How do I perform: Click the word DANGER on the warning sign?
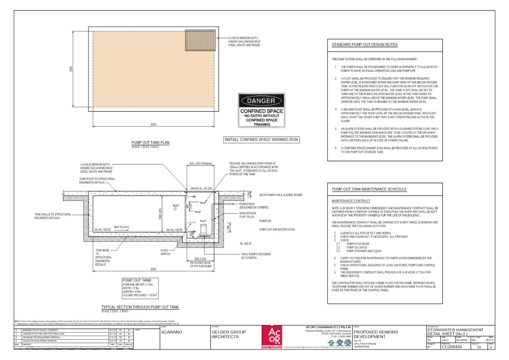tap(261, 101)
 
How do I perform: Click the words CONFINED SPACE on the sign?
tap(262, 111)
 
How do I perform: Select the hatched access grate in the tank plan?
tap(200, 41)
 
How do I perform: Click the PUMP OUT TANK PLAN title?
tap(150, 143)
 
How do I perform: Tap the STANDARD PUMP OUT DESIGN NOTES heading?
tap(364, 45)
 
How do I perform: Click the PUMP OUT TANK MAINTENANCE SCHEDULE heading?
tap(369, 189)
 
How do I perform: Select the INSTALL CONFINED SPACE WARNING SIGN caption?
tap(261, 140)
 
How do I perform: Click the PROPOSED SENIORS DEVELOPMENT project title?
tap(376, 334)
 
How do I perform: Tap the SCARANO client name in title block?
tap(172, 332)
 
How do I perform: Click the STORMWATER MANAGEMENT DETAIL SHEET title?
tap(455, 332)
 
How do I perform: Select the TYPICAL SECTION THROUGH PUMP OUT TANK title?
tap(140, 307)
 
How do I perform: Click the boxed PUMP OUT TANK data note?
tap(140, 288)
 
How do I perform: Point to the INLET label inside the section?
tap(176, 206)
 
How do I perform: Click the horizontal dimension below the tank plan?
tap(153, 125)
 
